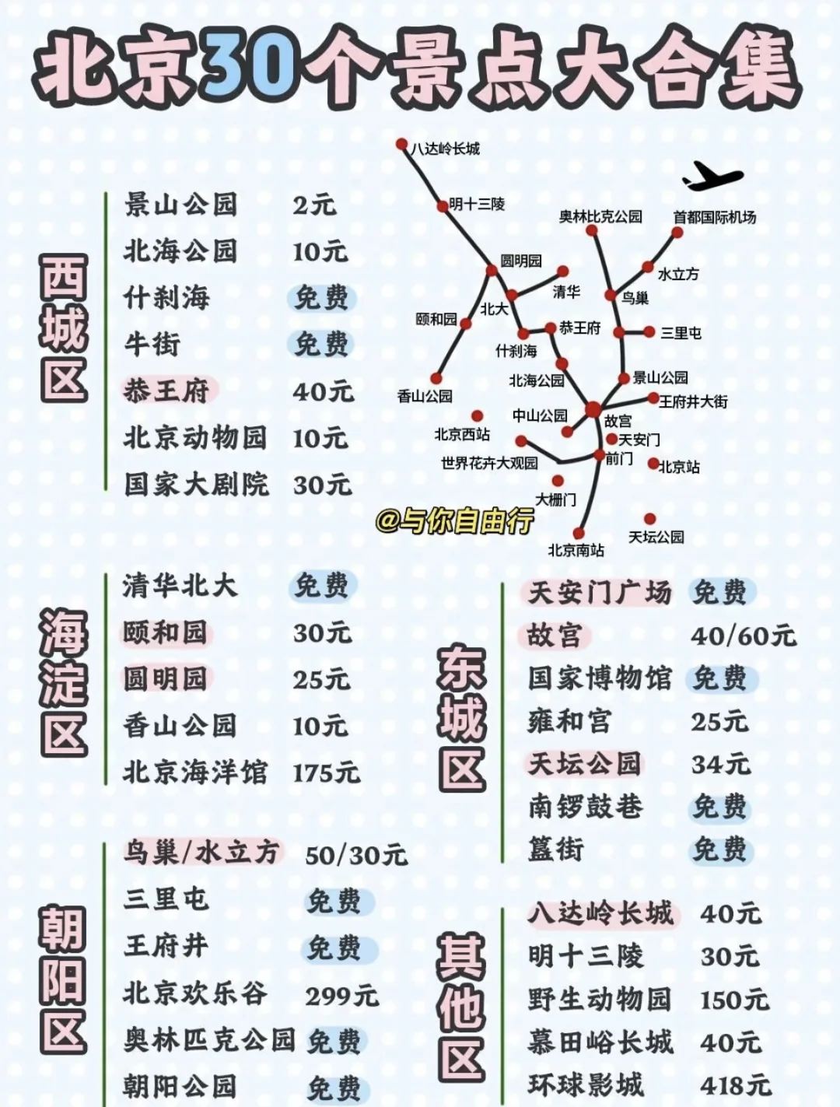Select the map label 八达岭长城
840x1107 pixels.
coord(446,149)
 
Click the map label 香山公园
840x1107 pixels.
coord(425,396)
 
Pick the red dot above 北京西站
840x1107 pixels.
coord(477,416)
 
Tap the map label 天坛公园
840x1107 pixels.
coord(656,537)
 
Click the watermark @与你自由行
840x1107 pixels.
coord(455,520)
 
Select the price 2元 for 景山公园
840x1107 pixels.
coord(314,205)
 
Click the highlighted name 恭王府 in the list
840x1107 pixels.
coord(166,391)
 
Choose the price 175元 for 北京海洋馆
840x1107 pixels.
coord(326,773)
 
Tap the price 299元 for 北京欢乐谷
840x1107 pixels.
coord(341,995)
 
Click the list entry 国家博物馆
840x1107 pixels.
coord(599,678)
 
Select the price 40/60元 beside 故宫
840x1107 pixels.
coord(743,636)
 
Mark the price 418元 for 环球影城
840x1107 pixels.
coord(735,1084)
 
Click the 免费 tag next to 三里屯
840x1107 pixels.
coord(334,902)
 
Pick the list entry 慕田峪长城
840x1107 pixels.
coord(600,1042)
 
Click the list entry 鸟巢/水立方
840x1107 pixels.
coord(201,853)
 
